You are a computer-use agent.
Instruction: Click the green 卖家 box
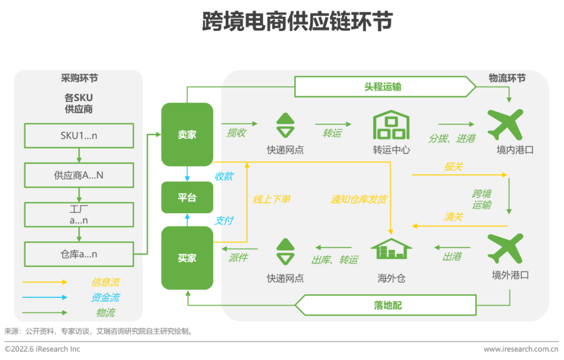[187, 134]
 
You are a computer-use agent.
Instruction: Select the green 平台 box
[187, 198]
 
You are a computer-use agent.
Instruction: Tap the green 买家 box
[187, 258]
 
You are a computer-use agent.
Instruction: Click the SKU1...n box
[79, 136]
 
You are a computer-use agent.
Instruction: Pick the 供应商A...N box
[79, 176]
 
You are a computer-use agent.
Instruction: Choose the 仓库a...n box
[79, 254]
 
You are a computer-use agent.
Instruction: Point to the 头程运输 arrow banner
[384, 87]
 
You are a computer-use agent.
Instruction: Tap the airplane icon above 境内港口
[505, 125]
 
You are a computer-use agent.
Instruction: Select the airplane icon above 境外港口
[505, 249]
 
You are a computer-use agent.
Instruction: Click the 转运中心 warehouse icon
[391, 125]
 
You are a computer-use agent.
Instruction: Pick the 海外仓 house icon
[391, 249]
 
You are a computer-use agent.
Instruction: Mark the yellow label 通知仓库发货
[358, 199]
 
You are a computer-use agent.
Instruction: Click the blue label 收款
[224, 177]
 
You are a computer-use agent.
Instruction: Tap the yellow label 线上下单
[272, 199]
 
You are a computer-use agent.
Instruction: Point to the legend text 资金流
[105, 298]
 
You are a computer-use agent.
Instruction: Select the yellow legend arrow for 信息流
[45, 282]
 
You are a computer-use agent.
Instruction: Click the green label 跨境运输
[481, 199]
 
